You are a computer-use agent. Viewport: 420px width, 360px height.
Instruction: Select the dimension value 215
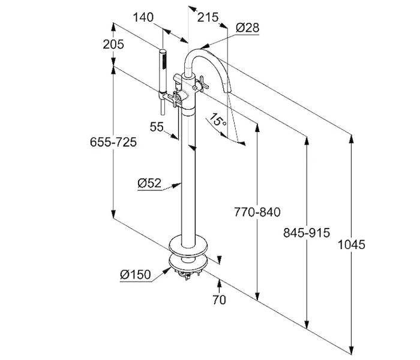click(x=207, y=18)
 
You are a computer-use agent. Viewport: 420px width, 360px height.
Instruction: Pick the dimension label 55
click(x=157, y=127)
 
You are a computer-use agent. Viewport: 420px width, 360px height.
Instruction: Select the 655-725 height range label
click(x=113, y=142)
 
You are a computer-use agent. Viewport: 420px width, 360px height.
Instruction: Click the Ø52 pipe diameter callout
click(x=149, y=184)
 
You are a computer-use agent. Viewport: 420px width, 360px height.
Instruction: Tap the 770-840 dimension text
click(x=257, y=212)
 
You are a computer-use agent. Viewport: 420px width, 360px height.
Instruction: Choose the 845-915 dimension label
click(x=307, y=233)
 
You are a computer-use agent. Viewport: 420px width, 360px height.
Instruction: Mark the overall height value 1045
click(x=352, y=244)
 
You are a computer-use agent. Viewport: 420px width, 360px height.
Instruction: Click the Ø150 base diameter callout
click(x=134, y=274)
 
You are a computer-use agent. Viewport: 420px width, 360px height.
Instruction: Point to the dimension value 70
click(x=220, y=299)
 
